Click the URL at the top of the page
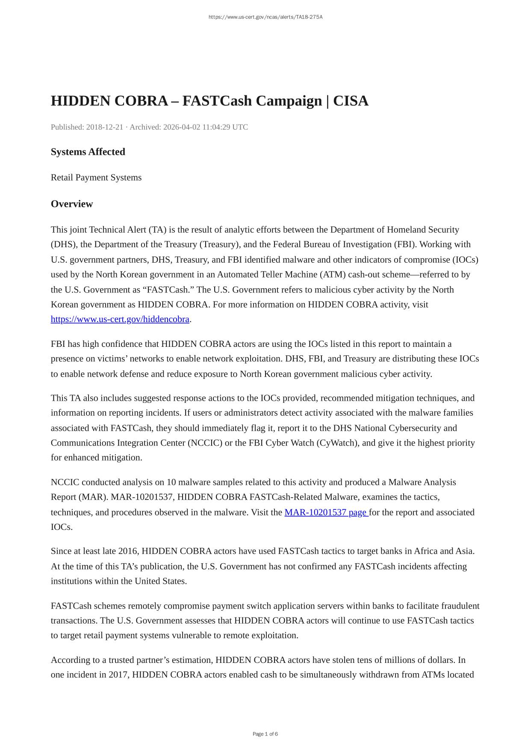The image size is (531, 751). tap(265, 17)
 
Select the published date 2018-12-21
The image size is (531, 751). tap(104, 127)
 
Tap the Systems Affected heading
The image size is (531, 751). tap(88, 152)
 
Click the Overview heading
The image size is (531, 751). tap(72, 204)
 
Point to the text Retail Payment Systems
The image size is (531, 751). tap(96, 177)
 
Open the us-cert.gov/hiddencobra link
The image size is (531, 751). tap(120, 319)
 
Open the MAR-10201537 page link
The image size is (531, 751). tap(326, 512)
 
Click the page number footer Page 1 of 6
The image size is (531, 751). tap(265, 734)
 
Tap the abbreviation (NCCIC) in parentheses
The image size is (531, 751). tap(205, 443)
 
